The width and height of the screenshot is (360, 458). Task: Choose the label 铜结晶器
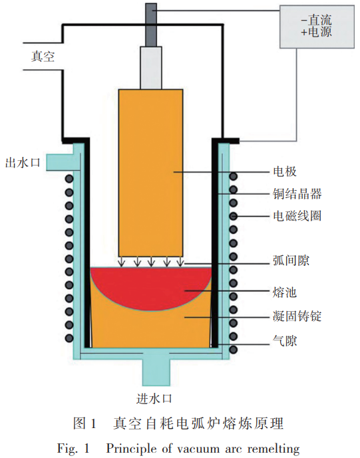coord(297,193)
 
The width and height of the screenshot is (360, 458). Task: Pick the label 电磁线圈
coord(297,216)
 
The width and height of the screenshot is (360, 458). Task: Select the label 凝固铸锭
coord(297,317)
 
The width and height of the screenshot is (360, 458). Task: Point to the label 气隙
coord(283,342)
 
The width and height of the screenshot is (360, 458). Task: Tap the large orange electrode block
coord(150,173)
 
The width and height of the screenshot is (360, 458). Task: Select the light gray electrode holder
coord(151,66)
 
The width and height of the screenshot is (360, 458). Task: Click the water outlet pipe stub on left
coord(61,162)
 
